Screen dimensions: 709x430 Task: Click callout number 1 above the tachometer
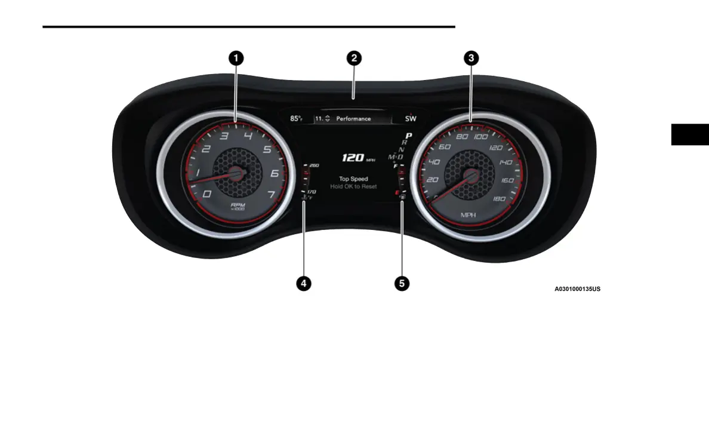236,58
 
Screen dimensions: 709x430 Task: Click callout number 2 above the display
354,58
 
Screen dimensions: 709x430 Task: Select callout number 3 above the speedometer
471,58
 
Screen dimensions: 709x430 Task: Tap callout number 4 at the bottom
304,284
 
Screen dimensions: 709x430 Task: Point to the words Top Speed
353,179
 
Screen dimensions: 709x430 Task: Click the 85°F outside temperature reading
297,119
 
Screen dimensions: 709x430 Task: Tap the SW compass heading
411,119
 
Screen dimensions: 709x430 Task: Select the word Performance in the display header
353,119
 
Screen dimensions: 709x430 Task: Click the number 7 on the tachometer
272,194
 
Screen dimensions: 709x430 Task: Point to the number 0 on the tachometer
206,194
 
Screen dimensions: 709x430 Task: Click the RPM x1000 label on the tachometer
238,205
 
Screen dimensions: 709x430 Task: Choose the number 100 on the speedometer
481,137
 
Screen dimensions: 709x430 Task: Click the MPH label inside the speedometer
469,214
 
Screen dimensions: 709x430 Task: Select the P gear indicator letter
409,136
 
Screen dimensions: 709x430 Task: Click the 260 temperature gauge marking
314,165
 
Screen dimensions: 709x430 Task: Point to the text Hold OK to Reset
353,187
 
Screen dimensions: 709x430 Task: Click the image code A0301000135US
577,289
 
